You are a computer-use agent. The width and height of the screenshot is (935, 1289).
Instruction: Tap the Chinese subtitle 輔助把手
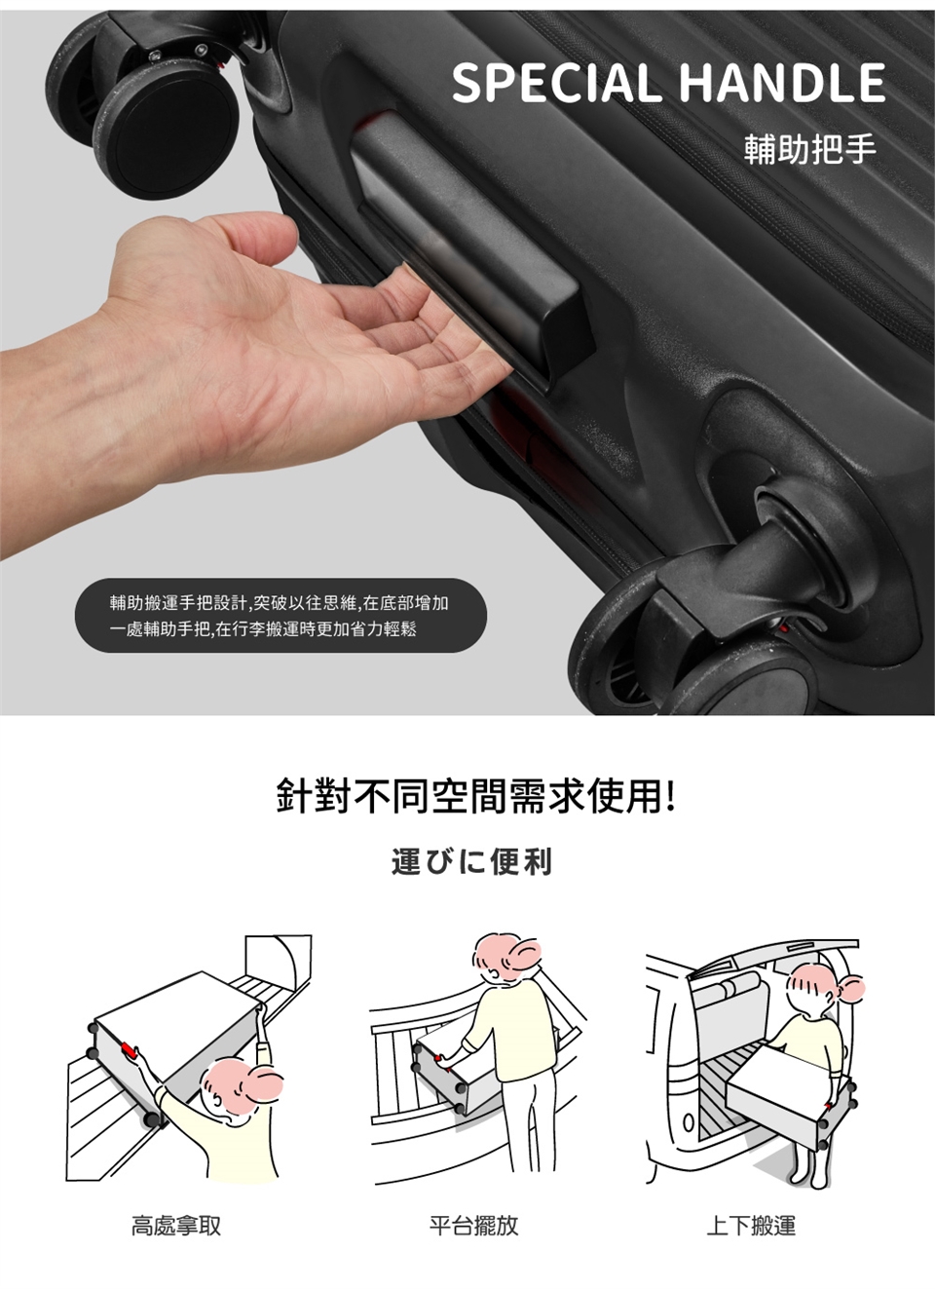point(810,148)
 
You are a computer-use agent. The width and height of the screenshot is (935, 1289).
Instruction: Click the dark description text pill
point(280,616)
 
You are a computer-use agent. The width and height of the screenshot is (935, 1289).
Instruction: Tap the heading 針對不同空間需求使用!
point(475,796)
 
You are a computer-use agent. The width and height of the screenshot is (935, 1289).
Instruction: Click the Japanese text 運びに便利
point(471,861)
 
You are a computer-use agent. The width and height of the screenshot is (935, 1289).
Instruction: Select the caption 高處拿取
point(176,1226)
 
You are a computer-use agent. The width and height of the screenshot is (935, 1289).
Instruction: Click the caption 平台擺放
point(473,1226)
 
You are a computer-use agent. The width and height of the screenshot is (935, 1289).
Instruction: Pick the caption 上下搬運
point(752,1226)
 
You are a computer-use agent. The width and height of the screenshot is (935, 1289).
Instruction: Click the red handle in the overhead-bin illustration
point(131,1049)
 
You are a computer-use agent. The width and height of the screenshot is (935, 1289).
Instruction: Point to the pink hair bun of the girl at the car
point(850,988)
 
